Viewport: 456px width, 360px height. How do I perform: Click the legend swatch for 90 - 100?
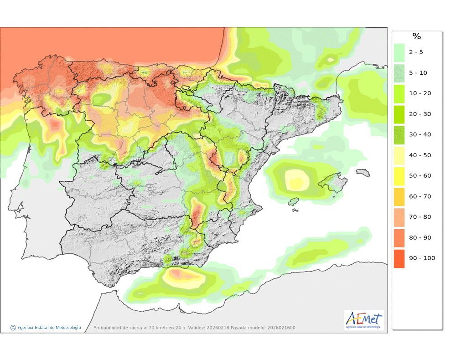[399, 258]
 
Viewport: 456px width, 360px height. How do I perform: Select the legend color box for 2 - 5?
[399, 52]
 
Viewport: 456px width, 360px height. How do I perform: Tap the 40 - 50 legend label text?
[420, 155]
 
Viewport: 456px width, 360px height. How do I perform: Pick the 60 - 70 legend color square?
[399, 196]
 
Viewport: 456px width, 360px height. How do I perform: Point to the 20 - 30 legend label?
[420, 114]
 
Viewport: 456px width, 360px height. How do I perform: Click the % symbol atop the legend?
[416, 36]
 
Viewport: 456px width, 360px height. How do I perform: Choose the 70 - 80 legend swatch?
[399, 217]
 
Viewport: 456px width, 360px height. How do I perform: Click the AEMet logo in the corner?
[364, 320]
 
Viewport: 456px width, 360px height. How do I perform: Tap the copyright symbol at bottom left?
[13, 327]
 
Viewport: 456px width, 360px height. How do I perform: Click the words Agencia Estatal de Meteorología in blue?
[49, 327]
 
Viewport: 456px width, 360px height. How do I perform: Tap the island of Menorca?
[363, 173]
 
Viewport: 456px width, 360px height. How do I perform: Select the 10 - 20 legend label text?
[420, 93]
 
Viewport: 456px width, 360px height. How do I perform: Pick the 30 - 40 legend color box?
[399, 135]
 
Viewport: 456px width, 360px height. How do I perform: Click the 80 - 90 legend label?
[420, 238]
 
